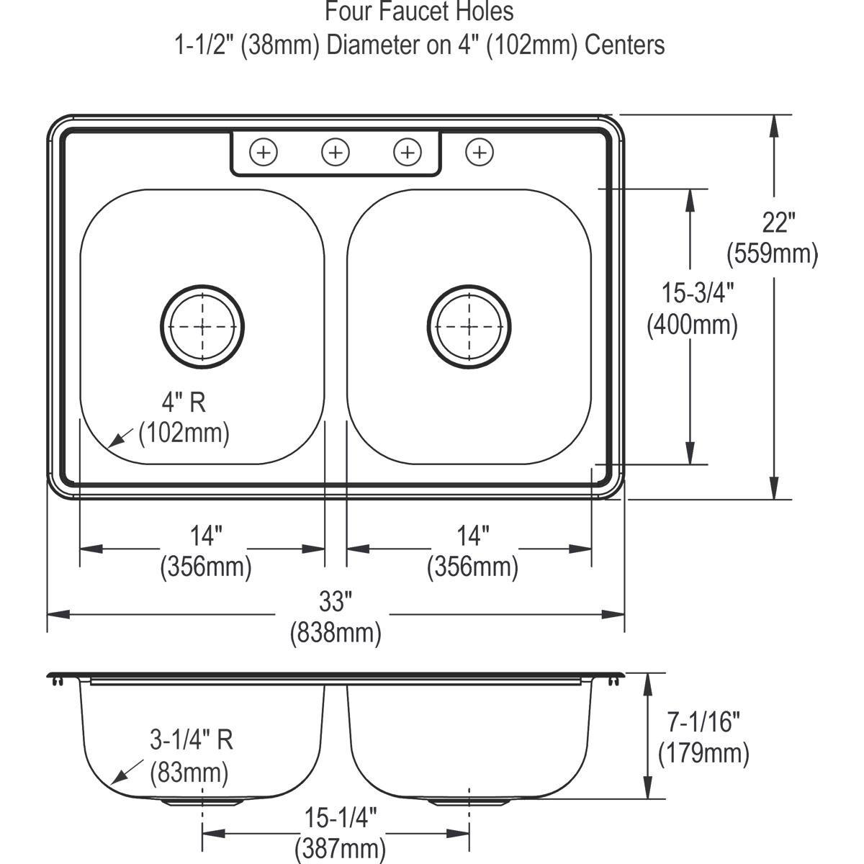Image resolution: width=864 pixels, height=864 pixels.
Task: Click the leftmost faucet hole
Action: click(264, 152)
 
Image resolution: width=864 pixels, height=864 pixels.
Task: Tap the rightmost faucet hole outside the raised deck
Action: click(480, 152)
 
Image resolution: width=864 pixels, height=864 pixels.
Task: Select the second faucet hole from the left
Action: click(336, 152)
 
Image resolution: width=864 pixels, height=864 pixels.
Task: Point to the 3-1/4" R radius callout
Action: click(192, 739)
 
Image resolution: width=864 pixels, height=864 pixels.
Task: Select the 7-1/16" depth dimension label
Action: click(704, 721)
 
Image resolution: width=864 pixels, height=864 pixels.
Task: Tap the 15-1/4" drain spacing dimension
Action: click(341, 818)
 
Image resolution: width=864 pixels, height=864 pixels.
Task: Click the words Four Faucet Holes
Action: click(420, 12)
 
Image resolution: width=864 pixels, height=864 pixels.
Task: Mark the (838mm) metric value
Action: click(336, 634)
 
